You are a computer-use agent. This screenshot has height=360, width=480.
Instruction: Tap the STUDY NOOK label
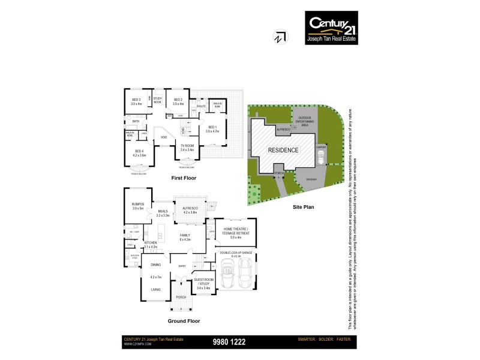tap(158, 100)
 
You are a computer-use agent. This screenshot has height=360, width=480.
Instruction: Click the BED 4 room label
tap(139, 152)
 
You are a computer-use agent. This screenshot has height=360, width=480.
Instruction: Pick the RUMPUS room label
tap(137, 206)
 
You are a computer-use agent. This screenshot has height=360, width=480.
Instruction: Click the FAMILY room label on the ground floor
tap(185, 237)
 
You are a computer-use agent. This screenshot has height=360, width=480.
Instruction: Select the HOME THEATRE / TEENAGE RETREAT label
tap(235, 232)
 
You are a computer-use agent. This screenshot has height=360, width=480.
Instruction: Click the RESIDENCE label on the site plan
tap(283, 150)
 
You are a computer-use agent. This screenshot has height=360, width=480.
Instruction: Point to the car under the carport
tap(321, 157)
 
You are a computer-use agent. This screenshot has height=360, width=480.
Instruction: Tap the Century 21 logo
tap(331, 26)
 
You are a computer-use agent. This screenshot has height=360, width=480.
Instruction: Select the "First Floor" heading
tap(184, 178)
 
